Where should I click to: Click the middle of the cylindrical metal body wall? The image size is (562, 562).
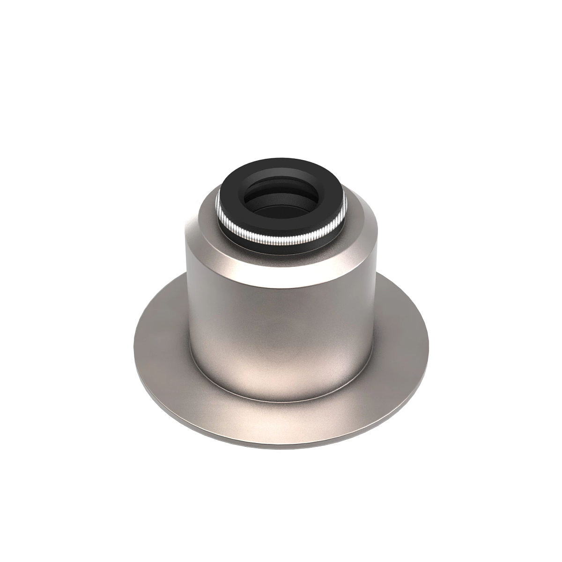[281, 328]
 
